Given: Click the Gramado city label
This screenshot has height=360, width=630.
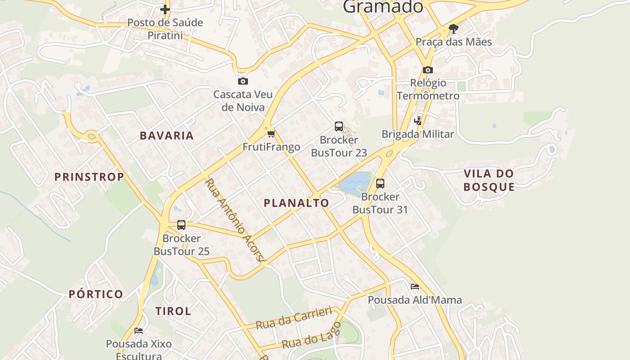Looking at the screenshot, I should click(383, 6).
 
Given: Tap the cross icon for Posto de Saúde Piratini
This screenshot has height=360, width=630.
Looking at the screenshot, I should click(165, 9).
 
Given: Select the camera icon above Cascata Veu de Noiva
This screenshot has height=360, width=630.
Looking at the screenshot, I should click(243, 81).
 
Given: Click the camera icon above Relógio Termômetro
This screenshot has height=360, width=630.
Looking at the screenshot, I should click(427, 70).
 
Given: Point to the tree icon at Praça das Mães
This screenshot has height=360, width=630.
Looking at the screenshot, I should click(454, 29).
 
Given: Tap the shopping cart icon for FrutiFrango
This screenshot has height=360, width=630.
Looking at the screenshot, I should click(271, 134).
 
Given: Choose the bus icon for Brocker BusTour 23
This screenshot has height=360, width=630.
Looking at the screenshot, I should click(339, 126).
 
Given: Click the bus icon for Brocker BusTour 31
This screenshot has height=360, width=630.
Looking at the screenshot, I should click(380, 183).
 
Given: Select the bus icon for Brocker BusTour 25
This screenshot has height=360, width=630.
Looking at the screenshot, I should click(181, 225).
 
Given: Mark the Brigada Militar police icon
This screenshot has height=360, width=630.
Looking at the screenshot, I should click(418, 121).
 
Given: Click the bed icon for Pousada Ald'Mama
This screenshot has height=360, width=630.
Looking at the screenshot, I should click(415, 286).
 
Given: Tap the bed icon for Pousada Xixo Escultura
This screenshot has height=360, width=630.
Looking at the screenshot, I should click(139, 330).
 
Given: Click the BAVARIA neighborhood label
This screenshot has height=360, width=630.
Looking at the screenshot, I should click(166, 135).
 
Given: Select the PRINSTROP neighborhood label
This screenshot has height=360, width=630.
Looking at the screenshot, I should click(89, 177).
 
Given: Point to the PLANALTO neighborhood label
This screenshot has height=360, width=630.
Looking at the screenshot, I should click(297, 203).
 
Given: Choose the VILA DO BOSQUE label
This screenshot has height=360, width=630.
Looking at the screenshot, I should click(489, 180).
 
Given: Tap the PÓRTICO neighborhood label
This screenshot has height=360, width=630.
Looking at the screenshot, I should click(96, 294).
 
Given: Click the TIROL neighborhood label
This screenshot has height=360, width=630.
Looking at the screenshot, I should click(173, 311).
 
